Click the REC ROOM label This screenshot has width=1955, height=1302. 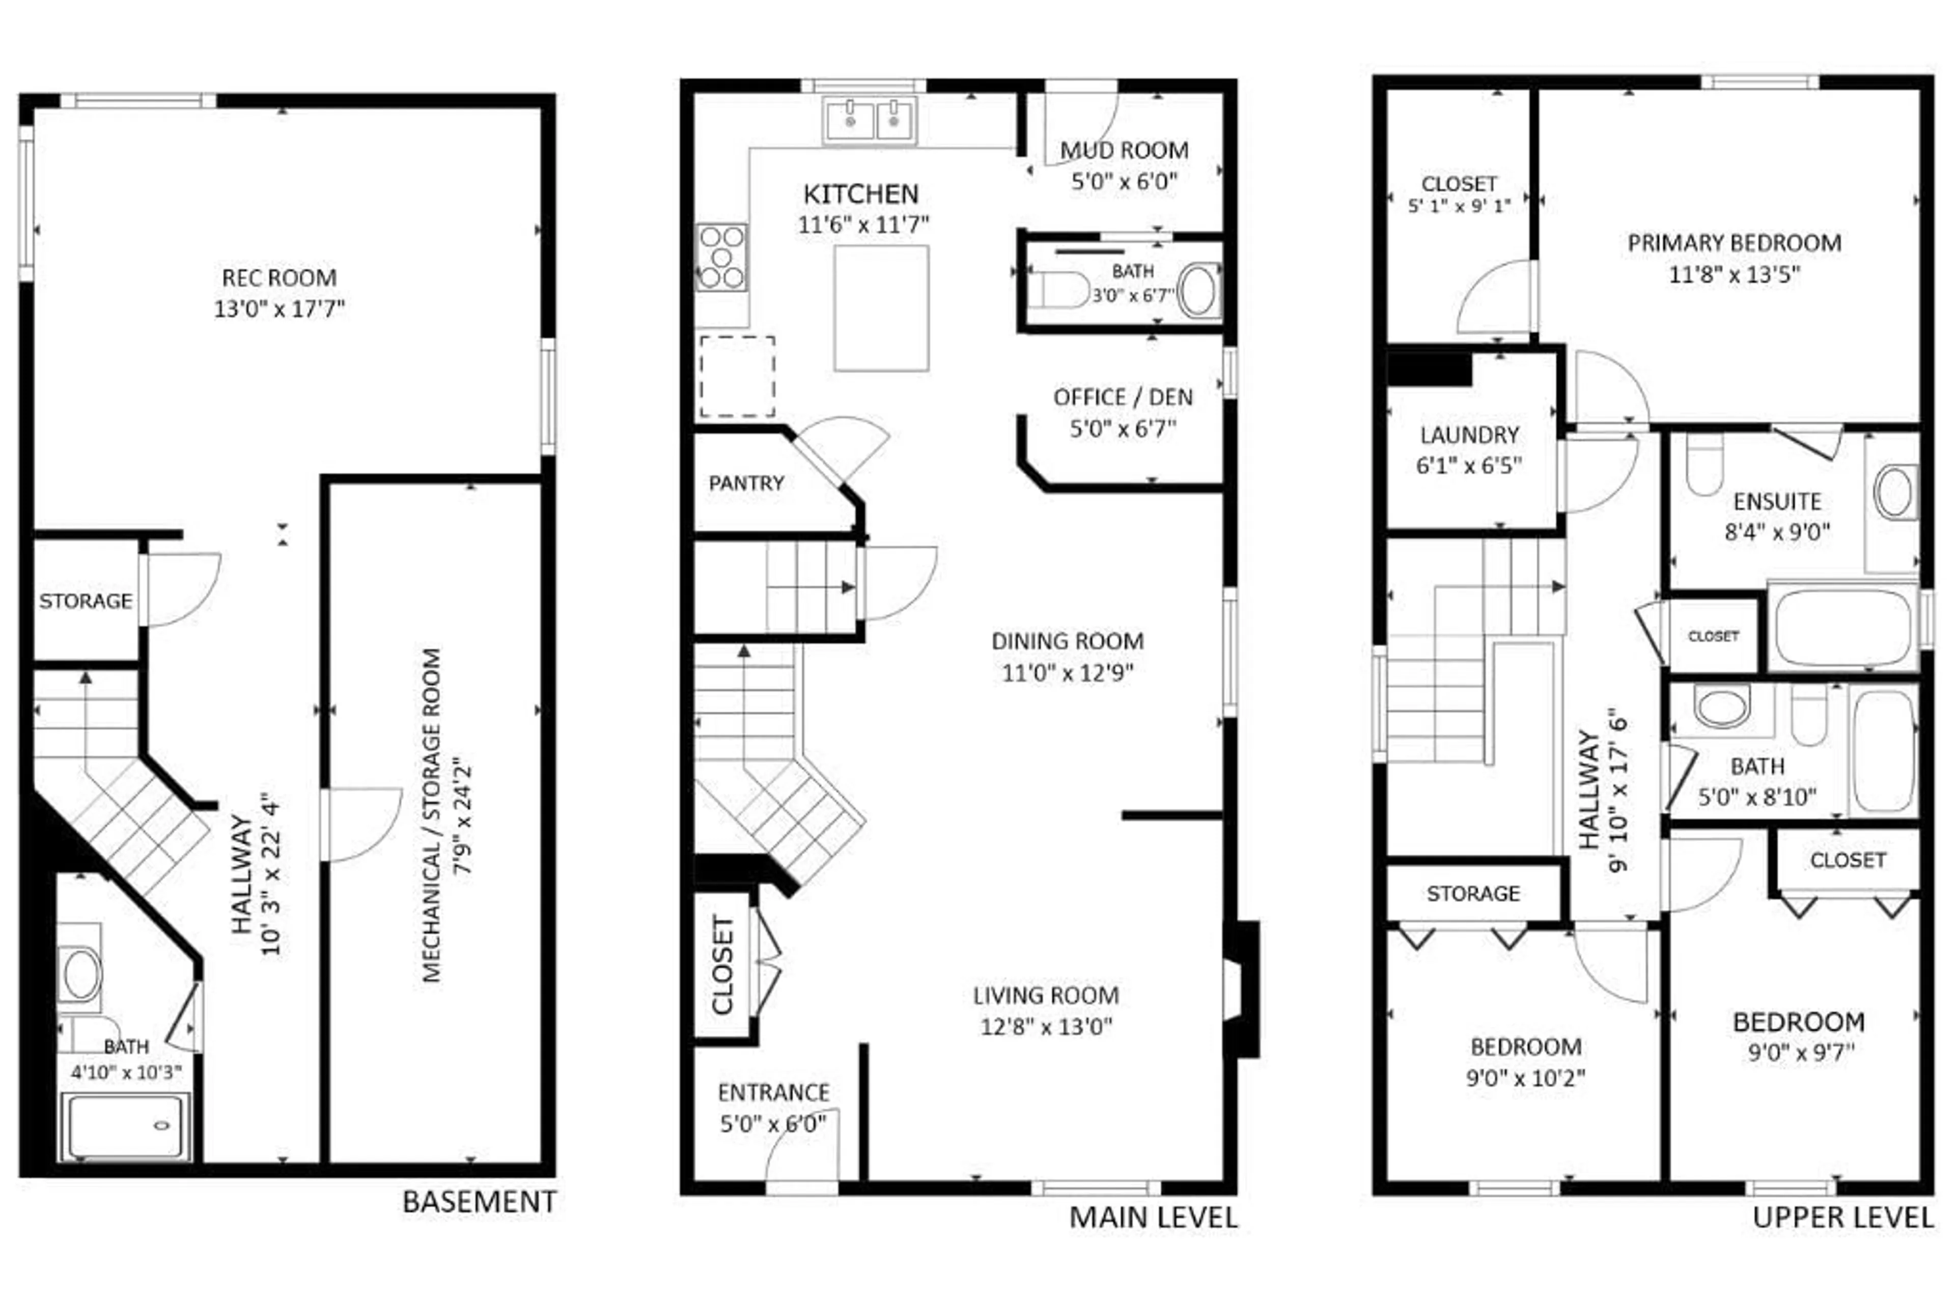(x=279, y=277)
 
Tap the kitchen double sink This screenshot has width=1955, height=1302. (x=870, y=121)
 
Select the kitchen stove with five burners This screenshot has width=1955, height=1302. (x=721, y=258)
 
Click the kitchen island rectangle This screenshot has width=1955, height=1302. (x=881, y=308)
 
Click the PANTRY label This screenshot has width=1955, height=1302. (x=746, y=483)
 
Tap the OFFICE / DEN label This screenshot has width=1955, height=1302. (x=1123, y=398)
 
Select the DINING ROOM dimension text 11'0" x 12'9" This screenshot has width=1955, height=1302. (x=1067, y=672)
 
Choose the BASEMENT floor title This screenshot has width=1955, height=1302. (x=479, y=1202)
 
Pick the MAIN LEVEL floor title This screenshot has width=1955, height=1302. (x=1153, y=1218)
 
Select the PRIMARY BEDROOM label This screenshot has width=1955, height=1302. (x=1734, y=243)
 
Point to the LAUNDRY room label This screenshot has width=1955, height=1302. (x=1469, y=435)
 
